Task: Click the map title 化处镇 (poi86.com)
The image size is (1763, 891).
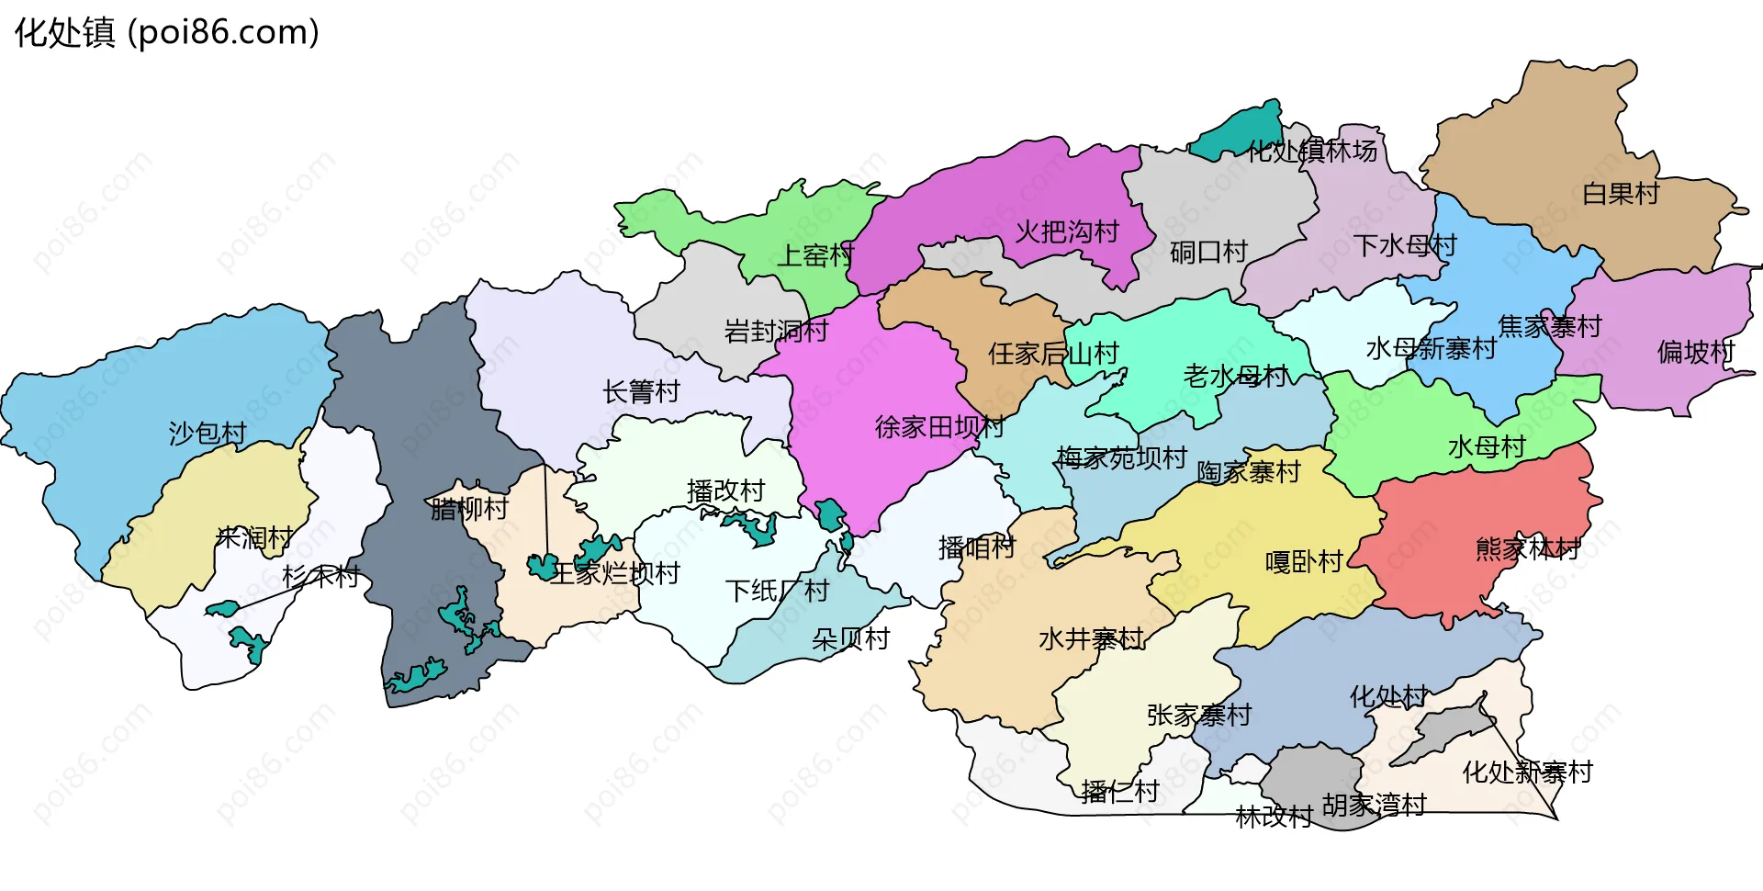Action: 167,33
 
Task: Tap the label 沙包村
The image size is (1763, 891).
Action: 208,433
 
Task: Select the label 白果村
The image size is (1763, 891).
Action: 1621,194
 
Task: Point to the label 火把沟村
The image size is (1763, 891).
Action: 1067,231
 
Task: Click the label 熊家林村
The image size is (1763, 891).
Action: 1528,549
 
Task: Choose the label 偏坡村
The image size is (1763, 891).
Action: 1695,352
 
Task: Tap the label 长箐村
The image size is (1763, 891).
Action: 641,392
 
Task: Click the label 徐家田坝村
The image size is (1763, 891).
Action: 938,427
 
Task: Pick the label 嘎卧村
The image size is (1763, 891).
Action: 1304,561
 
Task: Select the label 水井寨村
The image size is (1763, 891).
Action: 1091,638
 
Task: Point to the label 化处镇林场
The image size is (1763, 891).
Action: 1312,151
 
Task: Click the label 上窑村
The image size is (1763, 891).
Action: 815,255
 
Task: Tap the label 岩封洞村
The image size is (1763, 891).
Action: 776,331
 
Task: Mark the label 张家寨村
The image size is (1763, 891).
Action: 1199,715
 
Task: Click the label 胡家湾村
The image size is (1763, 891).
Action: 1374,806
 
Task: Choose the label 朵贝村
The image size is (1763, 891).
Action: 851,639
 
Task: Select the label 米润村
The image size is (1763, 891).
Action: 254,537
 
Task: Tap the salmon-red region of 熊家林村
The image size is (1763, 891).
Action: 1469,514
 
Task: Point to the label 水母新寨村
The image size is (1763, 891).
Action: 1431,349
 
